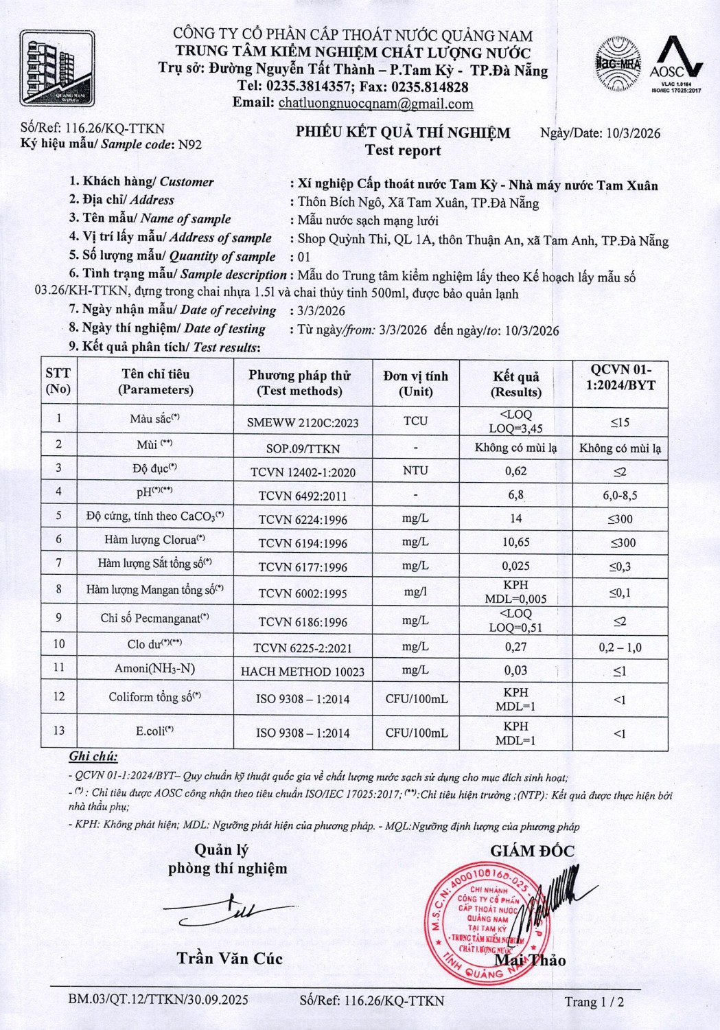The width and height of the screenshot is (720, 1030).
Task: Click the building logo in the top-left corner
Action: pos(57,68)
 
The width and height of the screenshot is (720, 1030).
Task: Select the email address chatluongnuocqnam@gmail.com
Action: pos(375,104)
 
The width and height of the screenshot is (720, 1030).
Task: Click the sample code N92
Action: pos(189,144)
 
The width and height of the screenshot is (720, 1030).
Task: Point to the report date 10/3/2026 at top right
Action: pos(634,133)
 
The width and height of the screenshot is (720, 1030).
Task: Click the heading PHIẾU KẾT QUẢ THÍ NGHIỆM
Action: pos(403,133)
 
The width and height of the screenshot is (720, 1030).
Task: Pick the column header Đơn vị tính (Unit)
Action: pos(416,383)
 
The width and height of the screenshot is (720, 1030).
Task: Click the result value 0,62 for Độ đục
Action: pos(515,471)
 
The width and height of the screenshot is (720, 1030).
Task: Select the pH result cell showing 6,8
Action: pos(515,494)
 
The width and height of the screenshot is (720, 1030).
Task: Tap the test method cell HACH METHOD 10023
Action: pos(302,672)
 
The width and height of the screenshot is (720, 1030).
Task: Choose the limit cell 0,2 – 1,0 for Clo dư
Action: pos(619,648)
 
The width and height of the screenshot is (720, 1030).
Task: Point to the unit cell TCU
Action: pos(416,421)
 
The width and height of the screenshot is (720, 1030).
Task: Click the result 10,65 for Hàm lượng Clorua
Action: pos(515,542)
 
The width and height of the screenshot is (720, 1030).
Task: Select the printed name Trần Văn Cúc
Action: pos(229,959)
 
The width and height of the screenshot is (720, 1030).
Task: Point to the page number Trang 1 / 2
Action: pos(594,1002)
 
